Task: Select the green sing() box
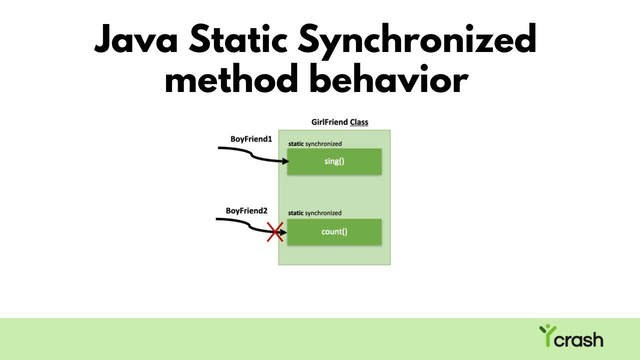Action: click(x=334, y=161)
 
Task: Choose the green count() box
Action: click(x=334, y=231)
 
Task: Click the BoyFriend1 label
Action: click(x=251, y=139)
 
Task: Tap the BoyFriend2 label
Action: click(x=246, y=210)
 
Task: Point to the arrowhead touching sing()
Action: click(x=285, y=161)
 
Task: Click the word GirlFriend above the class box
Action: click(x=329, y=122)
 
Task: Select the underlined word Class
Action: click(x=359, y=122)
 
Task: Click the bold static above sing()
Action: click(x=296, y=144)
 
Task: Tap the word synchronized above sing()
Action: click(x=323, y=144)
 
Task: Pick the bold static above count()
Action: click(x=296, y=213)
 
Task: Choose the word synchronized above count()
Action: click(x=323, y=213)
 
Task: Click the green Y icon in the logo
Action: click(x=547, y=334)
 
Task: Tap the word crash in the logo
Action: click(x=580, y=340)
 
